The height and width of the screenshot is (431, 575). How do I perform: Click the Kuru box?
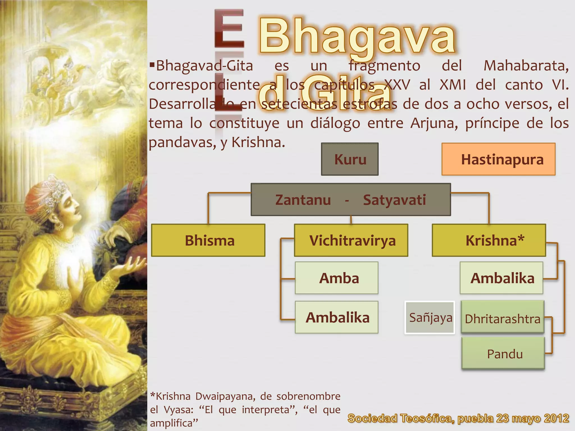350,159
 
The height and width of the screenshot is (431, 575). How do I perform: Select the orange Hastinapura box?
498,159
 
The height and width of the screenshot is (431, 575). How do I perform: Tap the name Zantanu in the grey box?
303,200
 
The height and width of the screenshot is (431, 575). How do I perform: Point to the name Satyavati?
394,200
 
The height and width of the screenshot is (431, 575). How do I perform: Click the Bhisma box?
208,240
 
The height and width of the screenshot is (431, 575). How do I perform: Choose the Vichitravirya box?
351,240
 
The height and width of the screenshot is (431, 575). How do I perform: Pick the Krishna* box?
489,240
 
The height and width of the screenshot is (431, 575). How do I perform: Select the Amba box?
336,278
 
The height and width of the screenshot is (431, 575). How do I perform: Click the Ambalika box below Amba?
336,317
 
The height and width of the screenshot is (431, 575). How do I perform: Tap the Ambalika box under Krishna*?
501,278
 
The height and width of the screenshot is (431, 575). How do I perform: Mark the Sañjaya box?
430,318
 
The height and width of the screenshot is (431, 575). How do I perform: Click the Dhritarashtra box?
503,318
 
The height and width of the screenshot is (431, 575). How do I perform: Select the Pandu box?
503,354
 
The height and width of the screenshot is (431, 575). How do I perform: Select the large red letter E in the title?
229,28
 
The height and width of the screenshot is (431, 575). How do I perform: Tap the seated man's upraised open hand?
132,265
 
